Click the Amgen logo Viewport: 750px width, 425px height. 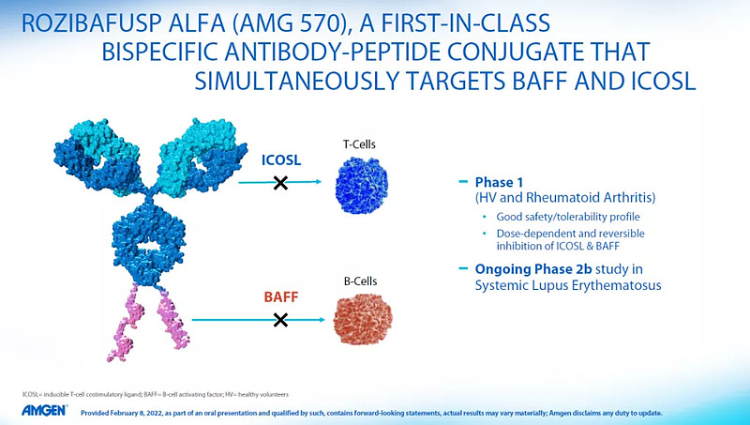[44, 411]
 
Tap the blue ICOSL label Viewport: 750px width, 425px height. [281, 159]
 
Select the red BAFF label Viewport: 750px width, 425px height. [281, 296]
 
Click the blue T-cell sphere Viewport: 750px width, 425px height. [362, 185]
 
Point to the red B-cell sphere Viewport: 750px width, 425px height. [363, 319]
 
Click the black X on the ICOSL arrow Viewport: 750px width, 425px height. [280, 182]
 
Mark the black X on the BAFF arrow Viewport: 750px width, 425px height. [280, 320]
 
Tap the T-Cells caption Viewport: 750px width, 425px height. [359, 144]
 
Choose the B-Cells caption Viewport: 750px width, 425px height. [360, 281]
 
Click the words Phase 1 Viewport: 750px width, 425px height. [499, 182]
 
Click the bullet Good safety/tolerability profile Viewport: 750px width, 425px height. [568, 217]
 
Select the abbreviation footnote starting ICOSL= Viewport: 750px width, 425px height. [156, 395]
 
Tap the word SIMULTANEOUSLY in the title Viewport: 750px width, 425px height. [296, 82]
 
